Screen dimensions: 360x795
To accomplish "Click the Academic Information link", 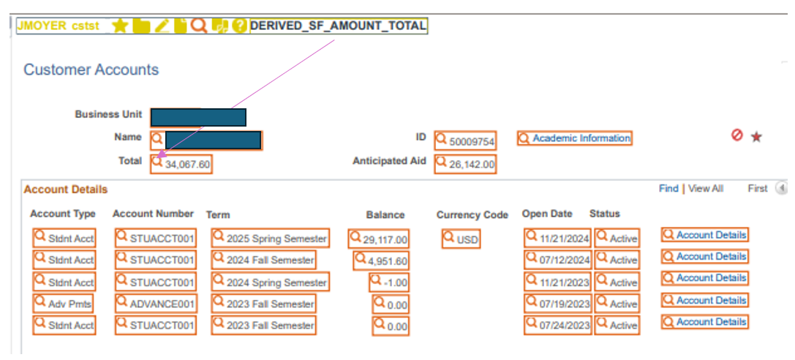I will [581, 138].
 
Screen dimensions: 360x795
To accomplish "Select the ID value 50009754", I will [472, 141].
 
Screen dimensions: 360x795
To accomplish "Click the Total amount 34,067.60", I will [187, 165].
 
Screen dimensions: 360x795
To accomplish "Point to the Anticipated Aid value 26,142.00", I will [472, 165].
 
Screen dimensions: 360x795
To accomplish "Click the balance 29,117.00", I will [385, 239].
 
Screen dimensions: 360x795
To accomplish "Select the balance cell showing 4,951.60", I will [388, 260].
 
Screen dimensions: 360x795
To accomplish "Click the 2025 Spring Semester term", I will [276, 239].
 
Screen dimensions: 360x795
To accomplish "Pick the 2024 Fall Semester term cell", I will [270, 260].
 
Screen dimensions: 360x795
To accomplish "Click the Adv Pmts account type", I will [64, 304].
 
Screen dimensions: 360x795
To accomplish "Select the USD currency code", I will [467, 239].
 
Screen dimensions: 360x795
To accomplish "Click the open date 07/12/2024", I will [565, 260].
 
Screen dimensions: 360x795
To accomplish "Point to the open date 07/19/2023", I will [565, 304].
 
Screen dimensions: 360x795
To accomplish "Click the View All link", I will [706, 189].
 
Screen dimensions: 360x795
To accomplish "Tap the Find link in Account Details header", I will [668, 189].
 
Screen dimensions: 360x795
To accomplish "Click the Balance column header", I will [385, 215].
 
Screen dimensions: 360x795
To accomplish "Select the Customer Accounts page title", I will [91, 70].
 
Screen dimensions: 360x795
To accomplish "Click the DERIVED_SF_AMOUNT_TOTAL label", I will [338, 26].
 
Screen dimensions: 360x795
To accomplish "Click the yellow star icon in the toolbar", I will [121, 26].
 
